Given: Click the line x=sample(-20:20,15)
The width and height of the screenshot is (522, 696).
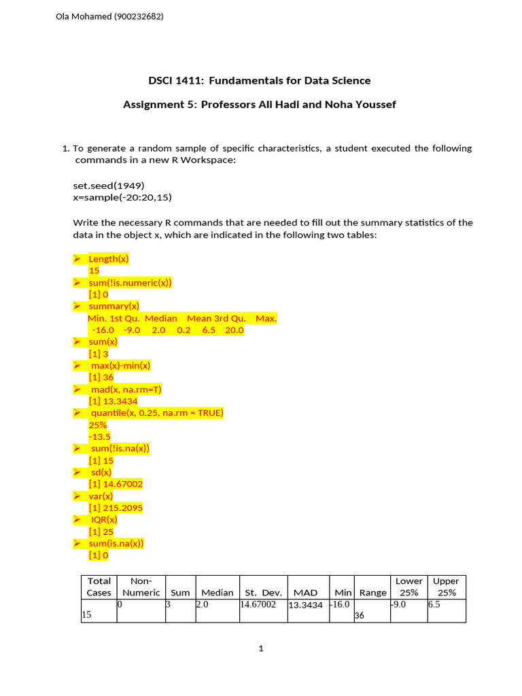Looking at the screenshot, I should tap(124, 197).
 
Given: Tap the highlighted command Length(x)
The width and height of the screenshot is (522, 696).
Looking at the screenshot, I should tap(109, 259).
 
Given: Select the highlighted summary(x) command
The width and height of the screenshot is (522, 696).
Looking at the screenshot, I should tap(114, 307).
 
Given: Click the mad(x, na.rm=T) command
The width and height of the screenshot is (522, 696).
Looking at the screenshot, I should tap(126, 389).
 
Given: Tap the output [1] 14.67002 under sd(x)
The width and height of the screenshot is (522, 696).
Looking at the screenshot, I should tap(115, 484).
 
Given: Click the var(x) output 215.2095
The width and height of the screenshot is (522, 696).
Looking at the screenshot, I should tap(115, 508).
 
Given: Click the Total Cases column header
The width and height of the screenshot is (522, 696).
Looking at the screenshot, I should tap(99, 587).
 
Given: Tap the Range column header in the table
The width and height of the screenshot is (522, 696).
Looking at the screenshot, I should tap(372, 593).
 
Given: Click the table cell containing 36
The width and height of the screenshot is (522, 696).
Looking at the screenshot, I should tap(361, 615).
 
